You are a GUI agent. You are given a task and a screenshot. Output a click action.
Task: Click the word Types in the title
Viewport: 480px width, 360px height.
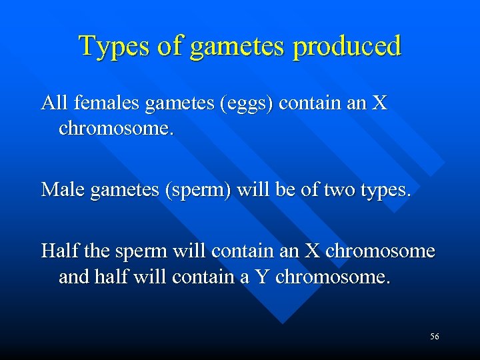[x=113, y=46]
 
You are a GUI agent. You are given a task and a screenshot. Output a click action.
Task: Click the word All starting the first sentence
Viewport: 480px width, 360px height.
[x=54, y=103]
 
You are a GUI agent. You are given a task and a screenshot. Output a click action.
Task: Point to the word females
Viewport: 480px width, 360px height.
[x=107, y=103]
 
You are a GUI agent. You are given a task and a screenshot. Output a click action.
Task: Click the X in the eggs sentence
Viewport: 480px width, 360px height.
[x=379, y=103]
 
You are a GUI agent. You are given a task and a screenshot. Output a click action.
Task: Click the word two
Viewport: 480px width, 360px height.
[x=339, y=190]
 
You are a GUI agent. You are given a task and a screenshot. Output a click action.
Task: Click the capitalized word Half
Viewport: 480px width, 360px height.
[x=58, y=251]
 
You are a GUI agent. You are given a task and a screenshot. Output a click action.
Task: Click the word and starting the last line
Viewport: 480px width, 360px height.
[x=71, y=276]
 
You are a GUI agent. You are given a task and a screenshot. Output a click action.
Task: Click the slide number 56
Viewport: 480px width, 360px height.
[x=435, y=337]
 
